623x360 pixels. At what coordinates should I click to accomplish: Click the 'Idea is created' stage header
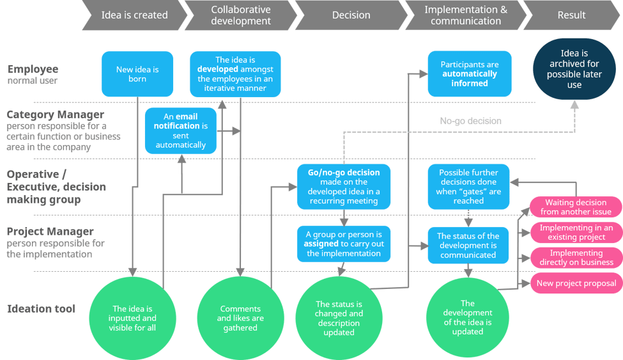point(134,15)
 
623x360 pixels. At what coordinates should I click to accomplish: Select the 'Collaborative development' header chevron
point(241,15)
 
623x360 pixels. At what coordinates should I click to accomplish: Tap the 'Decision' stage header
point(351,15)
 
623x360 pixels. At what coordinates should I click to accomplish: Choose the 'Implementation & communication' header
point(466,15)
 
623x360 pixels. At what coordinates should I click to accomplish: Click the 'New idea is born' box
point(137,74)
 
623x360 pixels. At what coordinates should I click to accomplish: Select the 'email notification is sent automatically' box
point(180,131)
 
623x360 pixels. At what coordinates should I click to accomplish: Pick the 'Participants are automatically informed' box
point(470,74)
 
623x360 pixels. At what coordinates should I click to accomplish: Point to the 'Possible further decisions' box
point(469,187)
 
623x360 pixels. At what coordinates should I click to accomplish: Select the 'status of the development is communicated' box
point(468,246)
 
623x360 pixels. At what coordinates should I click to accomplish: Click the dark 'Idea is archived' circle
point(574,69)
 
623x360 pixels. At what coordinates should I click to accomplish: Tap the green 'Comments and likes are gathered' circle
point(240,318)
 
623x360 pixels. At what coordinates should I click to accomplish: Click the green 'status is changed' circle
point(339,318)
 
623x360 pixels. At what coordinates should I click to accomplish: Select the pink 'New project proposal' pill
point(576,283)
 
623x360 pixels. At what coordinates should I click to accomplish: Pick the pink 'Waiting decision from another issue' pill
point(576,207)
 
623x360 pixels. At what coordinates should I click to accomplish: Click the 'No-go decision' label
point(470,121)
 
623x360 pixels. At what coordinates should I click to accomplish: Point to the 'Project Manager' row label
point(51,243)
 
